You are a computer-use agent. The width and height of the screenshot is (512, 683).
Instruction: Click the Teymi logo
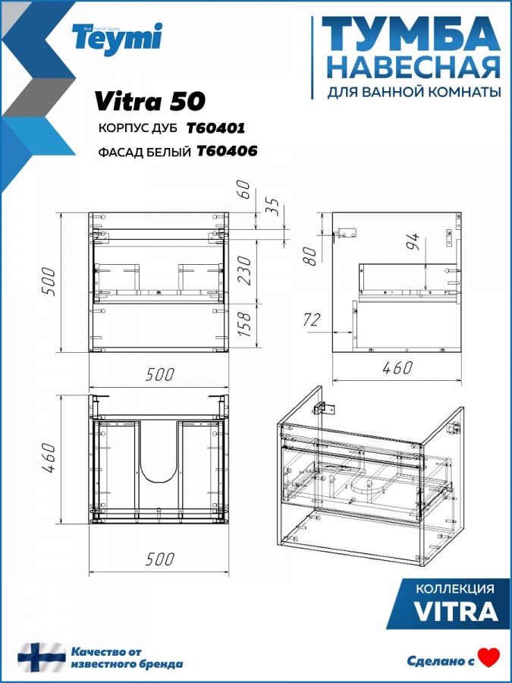click(118, 39)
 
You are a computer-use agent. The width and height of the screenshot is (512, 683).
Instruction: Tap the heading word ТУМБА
click(410, 34)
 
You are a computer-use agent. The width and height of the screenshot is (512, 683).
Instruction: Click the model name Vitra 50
click(149, 102)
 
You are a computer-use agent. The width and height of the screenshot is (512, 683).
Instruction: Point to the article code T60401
click(216, 128)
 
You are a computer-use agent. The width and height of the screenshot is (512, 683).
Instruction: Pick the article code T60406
click(228, 151)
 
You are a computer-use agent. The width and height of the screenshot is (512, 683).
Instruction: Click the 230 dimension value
click(245, 270)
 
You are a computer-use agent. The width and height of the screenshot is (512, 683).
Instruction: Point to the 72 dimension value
click(311, 320)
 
